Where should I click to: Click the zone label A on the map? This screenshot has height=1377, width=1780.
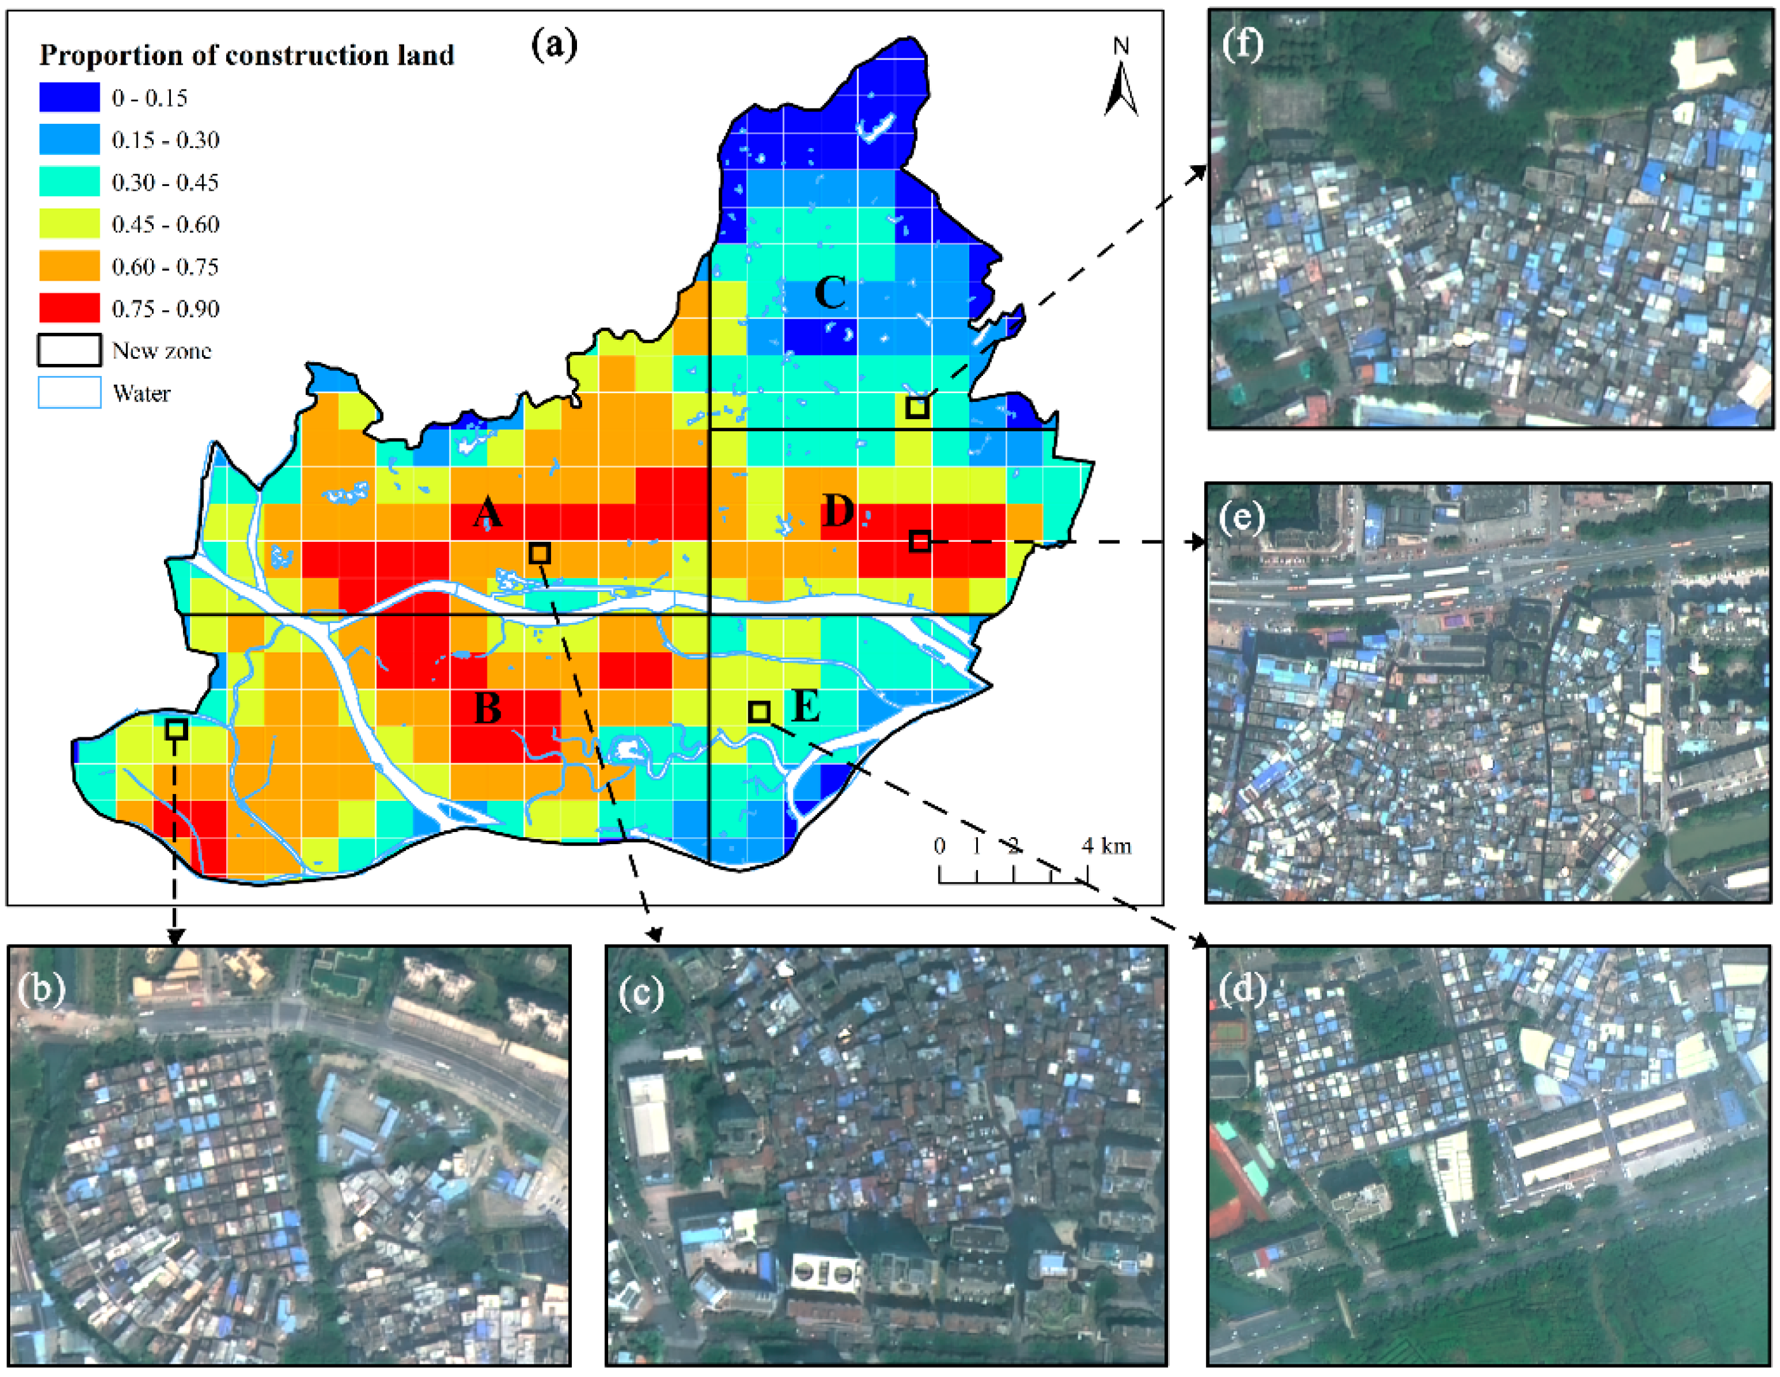[487, 513]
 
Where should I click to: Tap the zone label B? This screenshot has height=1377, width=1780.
[487, 708]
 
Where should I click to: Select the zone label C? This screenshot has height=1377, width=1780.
[830, 293]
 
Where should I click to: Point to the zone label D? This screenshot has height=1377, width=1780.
[838, 512]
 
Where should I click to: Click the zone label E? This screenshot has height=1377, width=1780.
[805, 706]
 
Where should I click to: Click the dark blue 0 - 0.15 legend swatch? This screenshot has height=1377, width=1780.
[69, 98]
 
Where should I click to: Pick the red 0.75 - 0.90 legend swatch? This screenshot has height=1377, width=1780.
[69, 308]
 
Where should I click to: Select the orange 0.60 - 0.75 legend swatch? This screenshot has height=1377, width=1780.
[69, 266]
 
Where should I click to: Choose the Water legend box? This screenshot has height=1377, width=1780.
[69, 393]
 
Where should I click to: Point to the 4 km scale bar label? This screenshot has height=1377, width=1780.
[1106, 846]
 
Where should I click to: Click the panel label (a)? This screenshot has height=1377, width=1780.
[554, 45]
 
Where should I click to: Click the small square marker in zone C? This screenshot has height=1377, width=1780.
[917, 407]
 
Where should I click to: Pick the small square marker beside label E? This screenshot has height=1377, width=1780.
[759, 711]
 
